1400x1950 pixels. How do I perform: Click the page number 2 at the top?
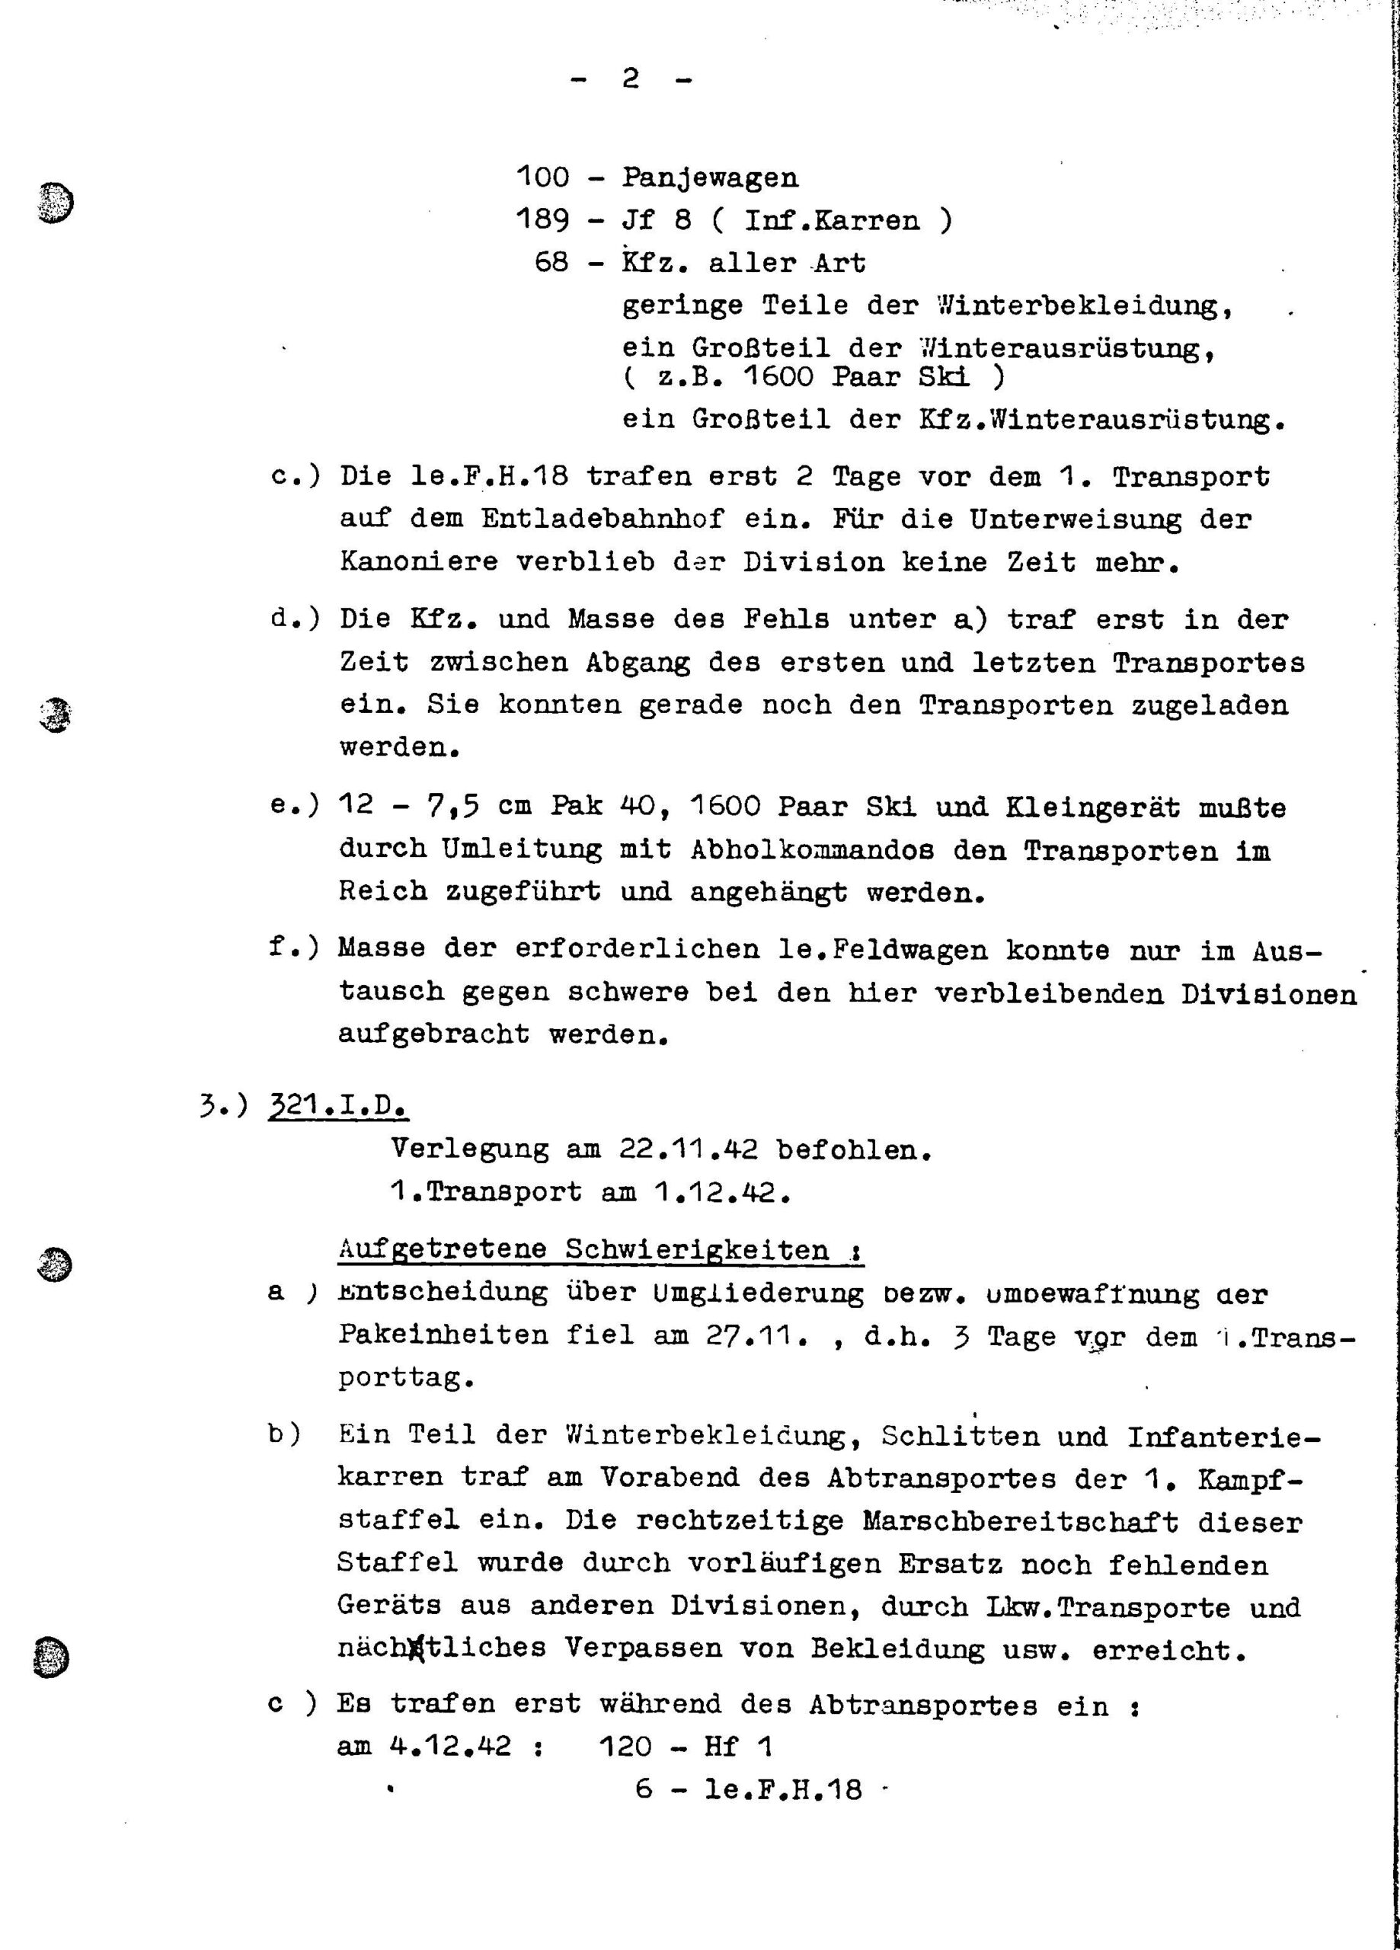[x=631, y=80]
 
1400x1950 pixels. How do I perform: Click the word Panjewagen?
[x=709, y=178]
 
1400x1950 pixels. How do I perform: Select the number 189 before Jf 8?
[x=542, y=221]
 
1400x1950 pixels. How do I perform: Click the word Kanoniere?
[x=418, y=562]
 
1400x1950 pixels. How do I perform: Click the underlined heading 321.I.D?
[x=339, y=1108]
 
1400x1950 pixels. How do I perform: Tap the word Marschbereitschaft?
[x=1020, y=1521]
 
